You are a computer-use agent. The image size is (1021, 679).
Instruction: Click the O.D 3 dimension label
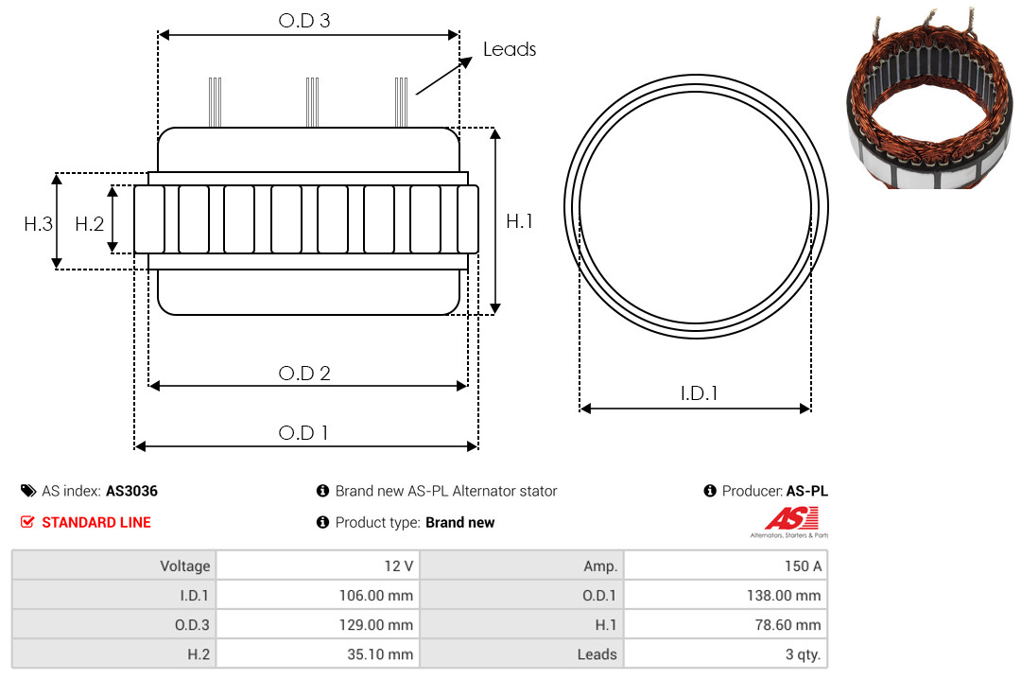click(x=304, y=21)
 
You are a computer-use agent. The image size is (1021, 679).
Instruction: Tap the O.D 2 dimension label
click(x=304, y=374)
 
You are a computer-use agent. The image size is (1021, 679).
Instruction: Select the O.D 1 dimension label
click(x=303, y=433)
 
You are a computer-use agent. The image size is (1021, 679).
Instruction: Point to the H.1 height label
click(x=520, y=221)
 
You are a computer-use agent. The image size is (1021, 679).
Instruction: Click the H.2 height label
click(x=89, y=224)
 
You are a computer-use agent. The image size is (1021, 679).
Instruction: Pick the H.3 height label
click(x=39, y=224)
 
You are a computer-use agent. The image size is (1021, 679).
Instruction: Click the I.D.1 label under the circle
click(x=699, y=393)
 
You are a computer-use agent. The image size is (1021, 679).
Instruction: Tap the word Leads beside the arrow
click(x=510, y=49)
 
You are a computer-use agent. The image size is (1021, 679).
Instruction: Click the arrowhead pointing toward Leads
click(x=466, y=61)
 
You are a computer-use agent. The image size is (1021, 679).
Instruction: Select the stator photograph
click(x=929, y=98)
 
